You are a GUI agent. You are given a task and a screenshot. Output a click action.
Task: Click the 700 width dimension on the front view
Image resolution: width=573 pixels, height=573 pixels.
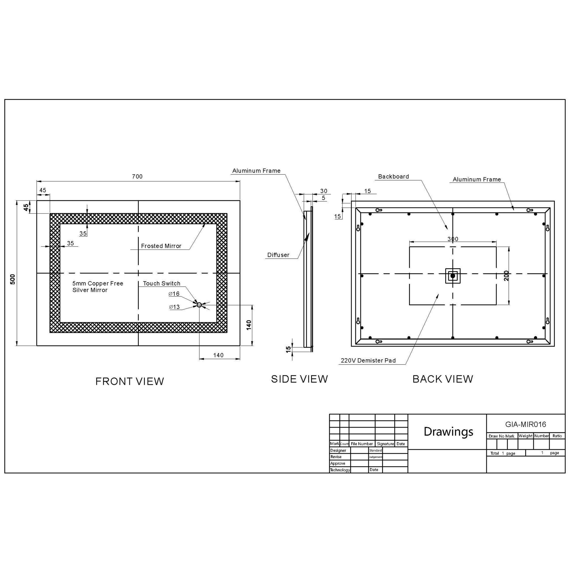coord(137,177)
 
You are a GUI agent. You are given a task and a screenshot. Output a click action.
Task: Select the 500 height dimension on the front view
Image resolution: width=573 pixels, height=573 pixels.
coord(13,279)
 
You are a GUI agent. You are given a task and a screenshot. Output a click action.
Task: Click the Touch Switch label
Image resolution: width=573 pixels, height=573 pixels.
coord(162,284)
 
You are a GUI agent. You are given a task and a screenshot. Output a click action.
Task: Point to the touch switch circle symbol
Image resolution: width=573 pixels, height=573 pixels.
coord(199,305)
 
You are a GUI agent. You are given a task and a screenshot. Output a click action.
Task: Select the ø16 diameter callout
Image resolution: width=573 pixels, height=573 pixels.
coord(174,294)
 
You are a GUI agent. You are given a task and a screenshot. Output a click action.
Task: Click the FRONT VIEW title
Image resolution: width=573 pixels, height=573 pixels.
coord(130,381)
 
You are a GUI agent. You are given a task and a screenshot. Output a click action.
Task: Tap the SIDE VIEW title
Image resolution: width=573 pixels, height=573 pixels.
coord(299,379)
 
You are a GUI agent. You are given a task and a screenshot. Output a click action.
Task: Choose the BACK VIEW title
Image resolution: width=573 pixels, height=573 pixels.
coord(443,379)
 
